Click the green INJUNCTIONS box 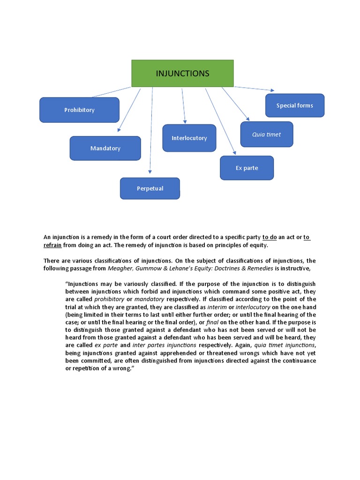[x=182, y=74]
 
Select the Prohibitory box [x=79, y=110]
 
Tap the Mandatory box [x=105, y=148]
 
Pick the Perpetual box [x=150, y=188]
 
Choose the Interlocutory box [x=189, y=138]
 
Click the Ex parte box [x=247, y=168]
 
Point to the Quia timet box [x=266, y=135]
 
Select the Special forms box [x=294, y=105]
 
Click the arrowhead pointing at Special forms [x=271, y=90]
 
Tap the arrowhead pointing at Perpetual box [x=150, y=175]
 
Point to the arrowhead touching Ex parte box [x=234, y=153]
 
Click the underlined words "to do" [x=270, y=237]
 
